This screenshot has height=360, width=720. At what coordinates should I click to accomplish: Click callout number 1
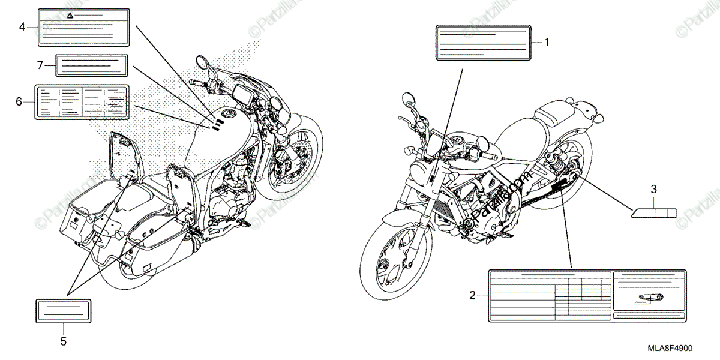[547, 42]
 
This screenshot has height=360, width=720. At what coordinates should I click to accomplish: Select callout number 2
[472, 295]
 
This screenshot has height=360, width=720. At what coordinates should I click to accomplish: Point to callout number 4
[22, 26]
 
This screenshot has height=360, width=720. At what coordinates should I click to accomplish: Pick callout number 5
[64, 342]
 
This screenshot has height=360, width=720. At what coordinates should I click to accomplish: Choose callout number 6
[19, 101]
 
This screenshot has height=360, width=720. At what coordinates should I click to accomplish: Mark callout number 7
[40, 64]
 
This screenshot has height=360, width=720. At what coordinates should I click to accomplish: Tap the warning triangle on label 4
[70, 14]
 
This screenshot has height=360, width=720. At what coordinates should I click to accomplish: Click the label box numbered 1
[483, 42]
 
